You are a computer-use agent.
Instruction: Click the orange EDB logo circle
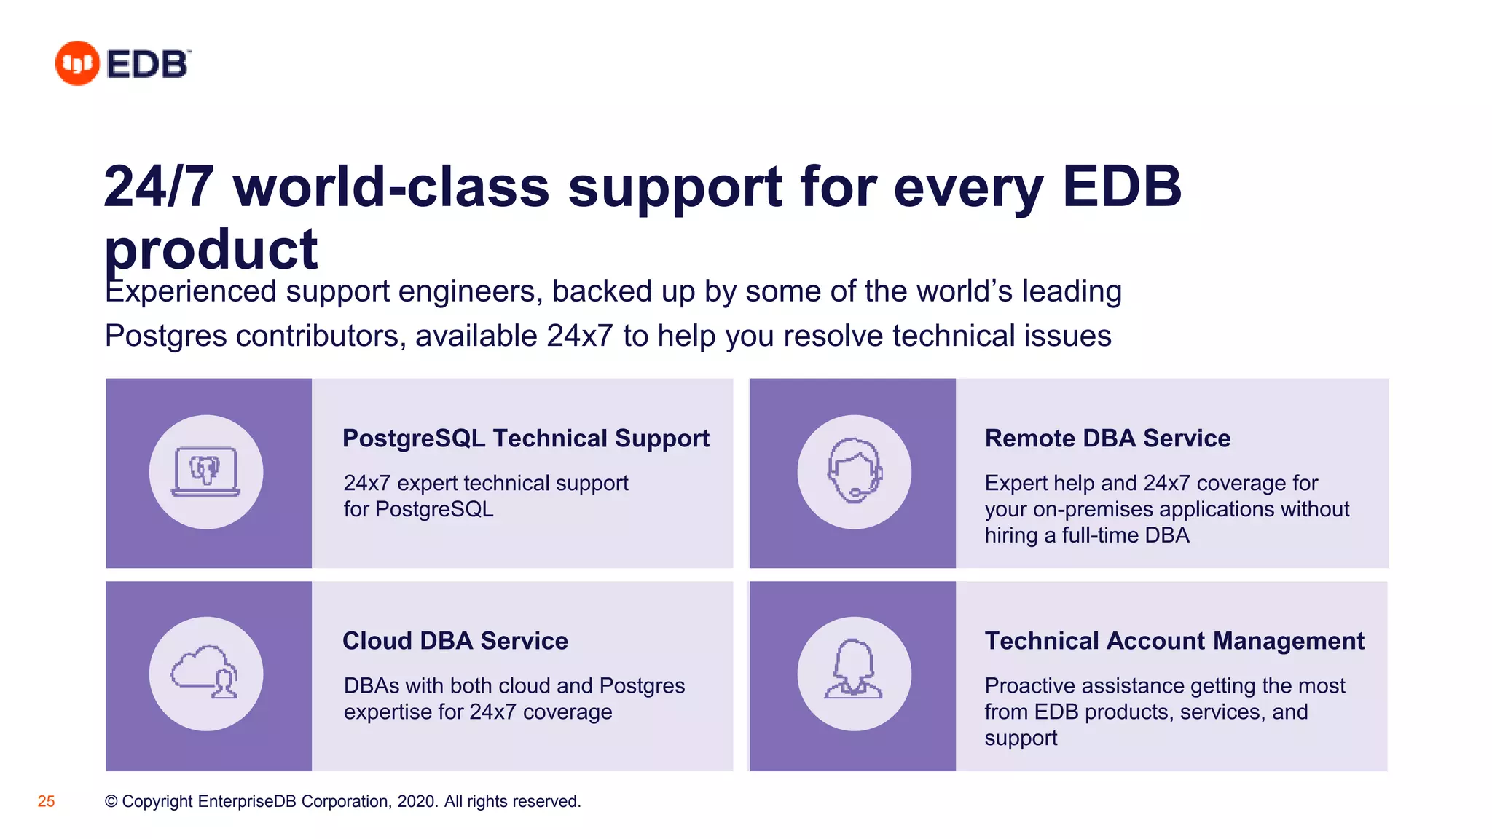coord(77,63)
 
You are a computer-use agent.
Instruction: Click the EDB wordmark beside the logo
coord(148,64)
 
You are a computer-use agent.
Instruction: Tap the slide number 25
coord(46,801)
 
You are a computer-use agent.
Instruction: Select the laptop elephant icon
coord(206,471)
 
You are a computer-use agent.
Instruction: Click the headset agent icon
coord(854,471)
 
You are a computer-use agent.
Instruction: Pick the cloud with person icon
coord(206,674)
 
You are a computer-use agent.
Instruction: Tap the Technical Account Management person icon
coord(854,674)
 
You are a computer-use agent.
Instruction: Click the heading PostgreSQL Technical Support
coord(525,438)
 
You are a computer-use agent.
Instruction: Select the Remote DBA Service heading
coord(1107,438)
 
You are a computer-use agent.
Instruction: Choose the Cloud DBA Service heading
coord(455,641)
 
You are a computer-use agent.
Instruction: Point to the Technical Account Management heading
coord(1174,641)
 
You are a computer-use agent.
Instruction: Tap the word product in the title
coord(211,250)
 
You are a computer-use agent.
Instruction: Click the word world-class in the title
coord(391,186)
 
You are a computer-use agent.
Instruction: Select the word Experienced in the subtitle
coord(191,291)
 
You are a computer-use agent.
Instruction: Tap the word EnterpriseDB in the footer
coord(246,801)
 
